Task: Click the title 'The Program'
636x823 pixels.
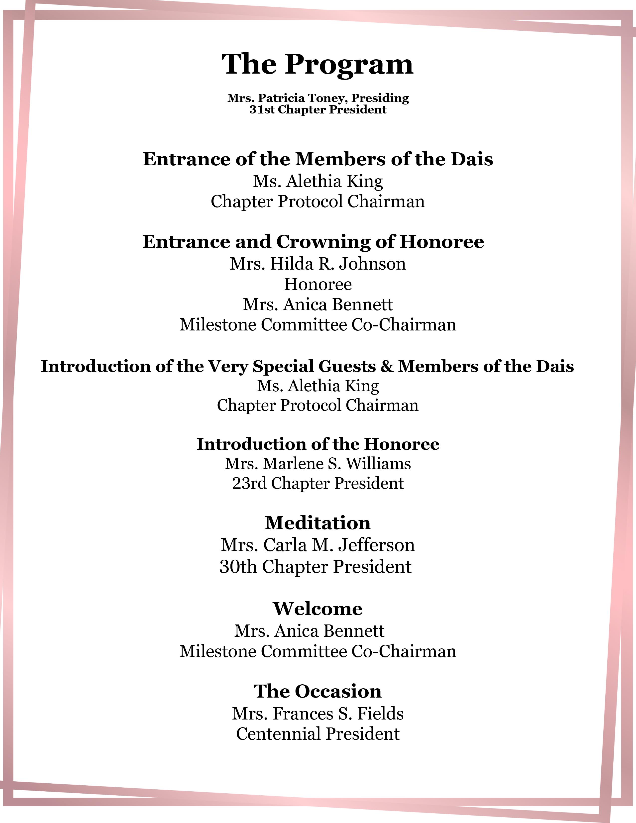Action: click(x=318, y=64)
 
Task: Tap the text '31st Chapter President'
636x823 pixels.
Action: click(x=318, y=110)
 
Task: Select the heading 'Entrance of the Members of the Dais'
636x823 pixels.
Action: click(x=318, y=159)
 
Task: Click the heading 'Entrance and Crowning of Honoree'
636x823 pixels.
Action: click(x=313, y=242)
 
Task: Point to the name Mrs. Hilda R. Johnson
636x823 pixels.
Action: click(x=318, y=264)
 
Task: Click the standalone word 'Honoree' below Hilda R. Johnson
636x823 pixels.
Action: click(x=318, y=284)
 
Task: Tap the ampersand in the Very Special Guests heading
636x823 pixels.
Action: click(x=387, y=366)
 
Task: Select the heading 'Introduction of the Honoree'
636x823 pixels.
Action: click(x=318, y=444)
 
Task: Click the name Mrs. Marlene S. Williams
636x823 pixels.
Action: click(x=318, y=464)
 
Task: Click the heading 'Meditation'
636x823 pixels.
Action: click(x=318, y=523)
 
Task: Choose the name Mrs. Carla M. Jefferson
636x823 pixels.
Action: click(x=318, y=545)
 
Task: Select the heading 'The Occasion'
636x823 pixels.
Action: click(x=318, y=691)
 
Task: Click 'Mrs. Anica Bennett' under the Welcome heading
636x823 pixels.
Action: click(x=309, y=631)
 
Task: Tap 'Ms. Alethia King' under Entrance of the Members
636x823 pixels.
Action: click(x=318, y=181)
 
